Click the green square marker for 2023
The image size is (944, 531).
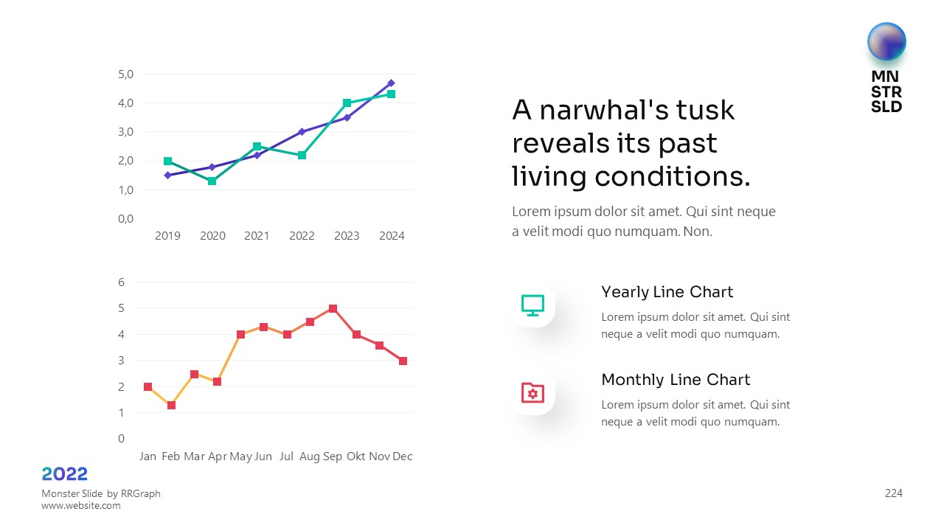[347, 103]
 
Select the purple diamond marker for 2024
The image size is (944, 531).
[391, 83]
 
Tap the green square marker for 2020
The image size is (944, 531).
[212, 181]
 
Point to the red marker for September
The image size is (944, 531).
[333, 308]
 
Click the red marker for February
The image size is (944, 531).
[171, 405]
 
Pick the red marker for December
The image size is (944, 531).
[403, 361]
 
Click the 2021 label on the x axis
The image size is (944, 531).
[257, 236]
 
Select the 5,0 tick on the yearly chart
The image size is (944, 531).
[125, 74]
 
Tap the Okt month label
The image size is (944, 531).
[356, 457]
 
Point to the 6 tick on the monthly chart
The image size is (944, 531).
[122, 282]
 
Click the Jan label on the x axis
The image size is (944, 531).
[147, 457]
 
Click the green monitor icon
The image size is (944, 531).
[532, 305]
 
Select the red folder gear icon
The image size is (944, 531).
[532, 392]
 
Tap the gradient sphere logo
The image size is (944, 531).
[886, 41]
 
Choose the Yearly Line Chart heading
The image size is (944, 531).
[667, 292]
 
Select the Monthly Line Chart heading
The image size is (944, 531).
[676, 380]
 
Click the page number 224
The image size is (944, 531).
[893, 493]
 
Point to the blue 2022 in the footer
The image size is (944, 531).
[65, 473]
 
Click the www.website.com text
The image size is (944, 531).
[80, 506]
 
